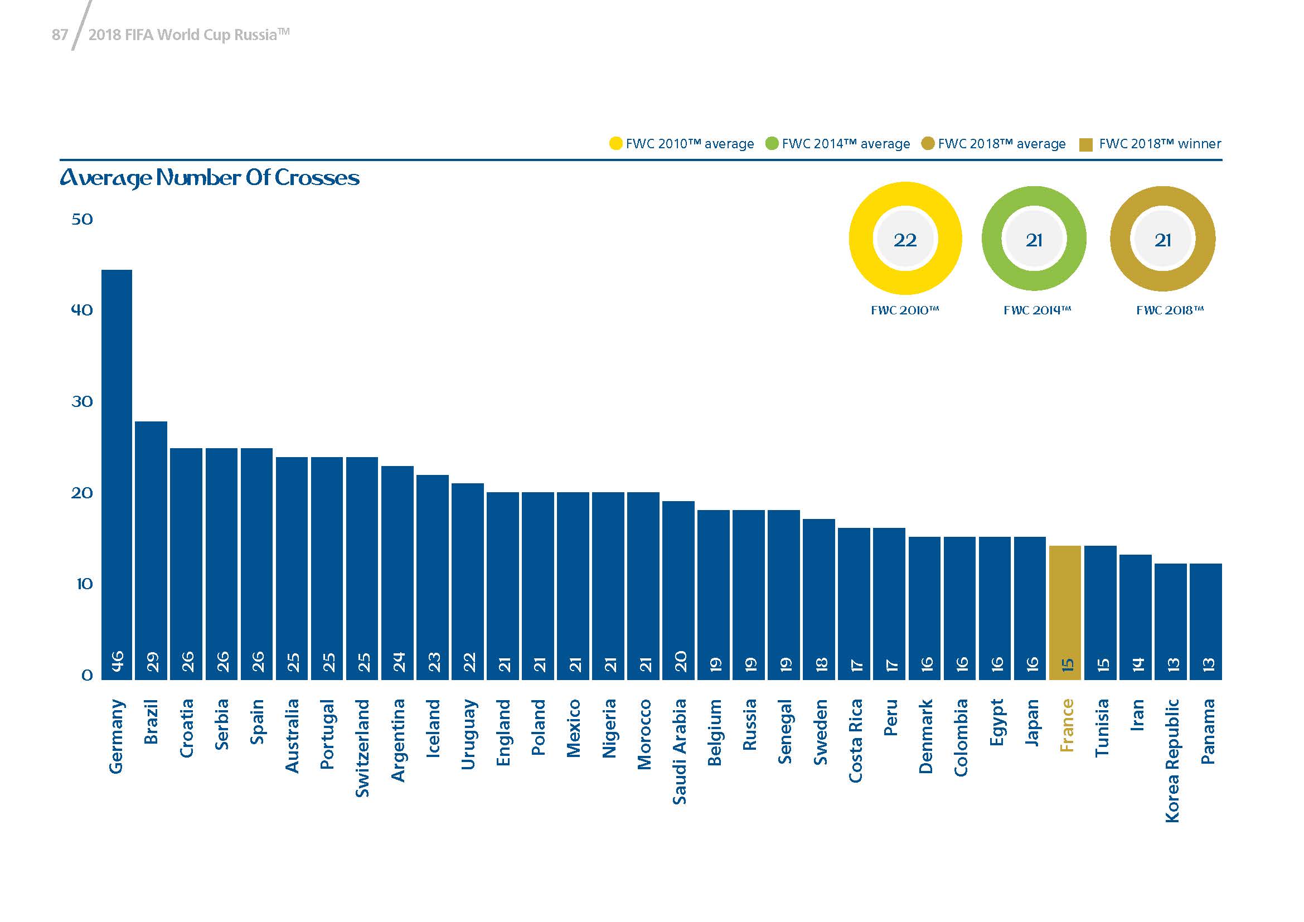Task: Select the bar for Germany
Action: click(117, 474)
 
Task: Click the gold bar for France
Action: click(1065, 613)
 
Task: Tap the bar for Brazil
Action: click(151, 551)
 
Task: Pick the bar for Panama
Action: click(1206, 622)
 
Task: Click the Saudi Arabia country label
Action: click(679, 751)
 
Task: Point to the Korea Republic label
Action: click(1172, 761)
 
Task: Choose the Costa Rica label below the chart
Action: click(855, 740)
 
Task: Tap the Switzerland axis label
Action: click(362, 748)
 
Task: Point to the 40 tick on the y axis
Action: click(82, 310)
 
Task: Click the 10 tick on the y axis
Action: click(84, 584)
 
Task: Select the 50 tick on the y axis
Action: click(82, 219)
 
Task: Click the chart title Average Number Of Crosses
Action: click(210, 178)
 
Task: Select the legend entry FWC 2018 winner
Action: click(1150, 144)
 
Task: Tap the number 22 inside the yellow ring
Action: click(905, 240)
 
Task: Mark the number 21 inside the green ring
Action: click(1034, 240)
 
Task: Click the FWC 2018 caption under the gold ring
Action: click(1170, 310)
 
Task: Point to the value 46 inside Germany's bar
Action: click(117, 662)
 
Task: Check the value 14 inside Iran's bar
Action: click(1135, 664)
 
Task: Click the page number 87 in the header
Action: click(60, 35)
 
